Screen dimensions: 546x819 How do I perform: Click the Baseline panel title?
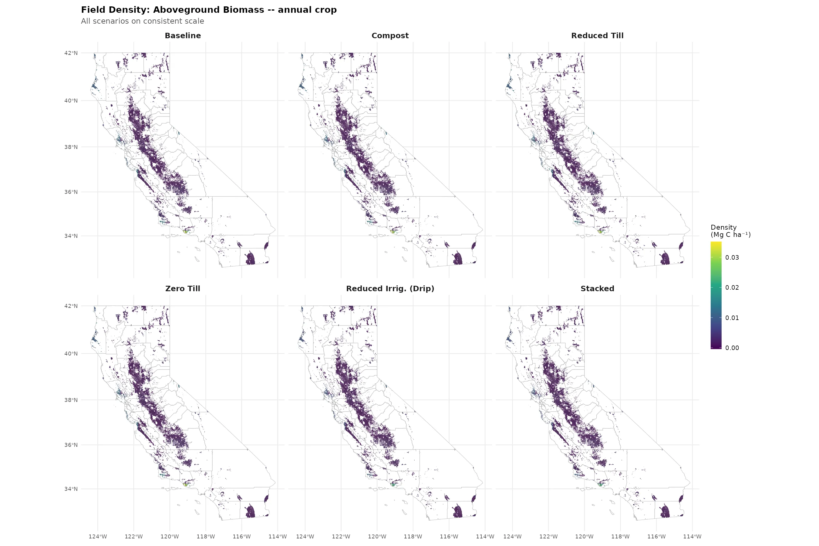(x=183, y=35)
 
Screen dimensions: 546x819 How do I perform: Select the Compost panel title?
(x=390, y=35)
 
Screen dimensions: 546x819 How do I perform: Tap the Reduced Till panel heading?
(x=597, y=35)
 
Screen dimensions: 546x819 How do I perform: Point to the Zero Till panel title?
(x=183, y=288)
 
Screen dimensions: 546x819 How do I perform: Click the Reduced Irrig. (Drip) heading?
(x=390, y=288)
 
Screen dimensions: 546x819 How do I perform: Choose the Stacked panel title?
(x=597, y=288)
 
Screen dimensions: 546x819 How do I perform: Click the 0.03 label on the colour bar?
(x=732, y=258)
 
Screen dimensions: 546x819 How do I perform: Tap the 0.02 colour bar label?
(x=732, y=288)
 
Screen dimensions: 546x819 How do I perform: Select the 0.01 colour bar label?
(x=732, y=318)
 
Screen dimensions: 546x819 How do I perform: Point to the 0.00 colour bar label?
(x=732, y=348)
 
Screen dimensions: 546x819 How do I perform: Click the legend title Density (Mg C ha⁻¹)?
(x=730, y=231)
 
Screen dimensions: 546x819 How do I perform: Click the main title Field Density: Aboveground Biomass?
(x=209, y=10)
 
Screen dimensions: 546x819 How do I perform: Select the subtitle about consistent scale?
(x=143, y=21)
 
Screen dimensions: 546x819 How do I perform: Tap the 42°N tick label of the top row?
(x=71, y=53)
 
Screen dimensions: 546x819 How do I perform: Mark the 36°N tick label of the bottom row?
(x=71, y=445)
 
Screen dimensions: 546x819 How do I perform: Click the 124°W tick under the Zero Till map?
(x=97, y=536)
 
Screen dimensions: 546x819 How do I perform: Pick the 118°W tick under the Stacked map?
(x=620, y=536)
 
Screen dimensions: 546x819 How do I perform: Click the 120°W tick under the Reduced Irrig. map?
(x=377, y=536)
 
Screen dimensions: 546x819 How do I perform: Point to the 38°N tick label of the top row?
(x=71, y=147)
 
